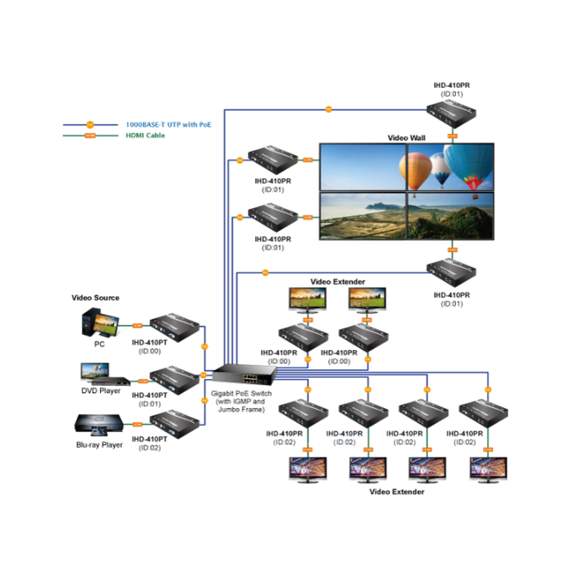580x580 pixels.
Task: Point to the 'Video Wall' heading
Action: coord(407,137)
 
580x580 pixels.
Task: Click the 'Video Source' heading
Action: coord(95,298)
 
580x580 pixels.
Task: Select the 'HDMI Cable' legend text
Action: coord(146,135)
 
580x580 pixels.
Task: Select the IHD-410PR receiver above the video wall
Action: coord(452,112)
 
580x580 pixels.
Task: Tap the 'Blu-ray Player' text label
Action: coord(99,445)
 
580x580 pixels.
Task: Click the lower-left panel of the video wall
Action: coord(362,215)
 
